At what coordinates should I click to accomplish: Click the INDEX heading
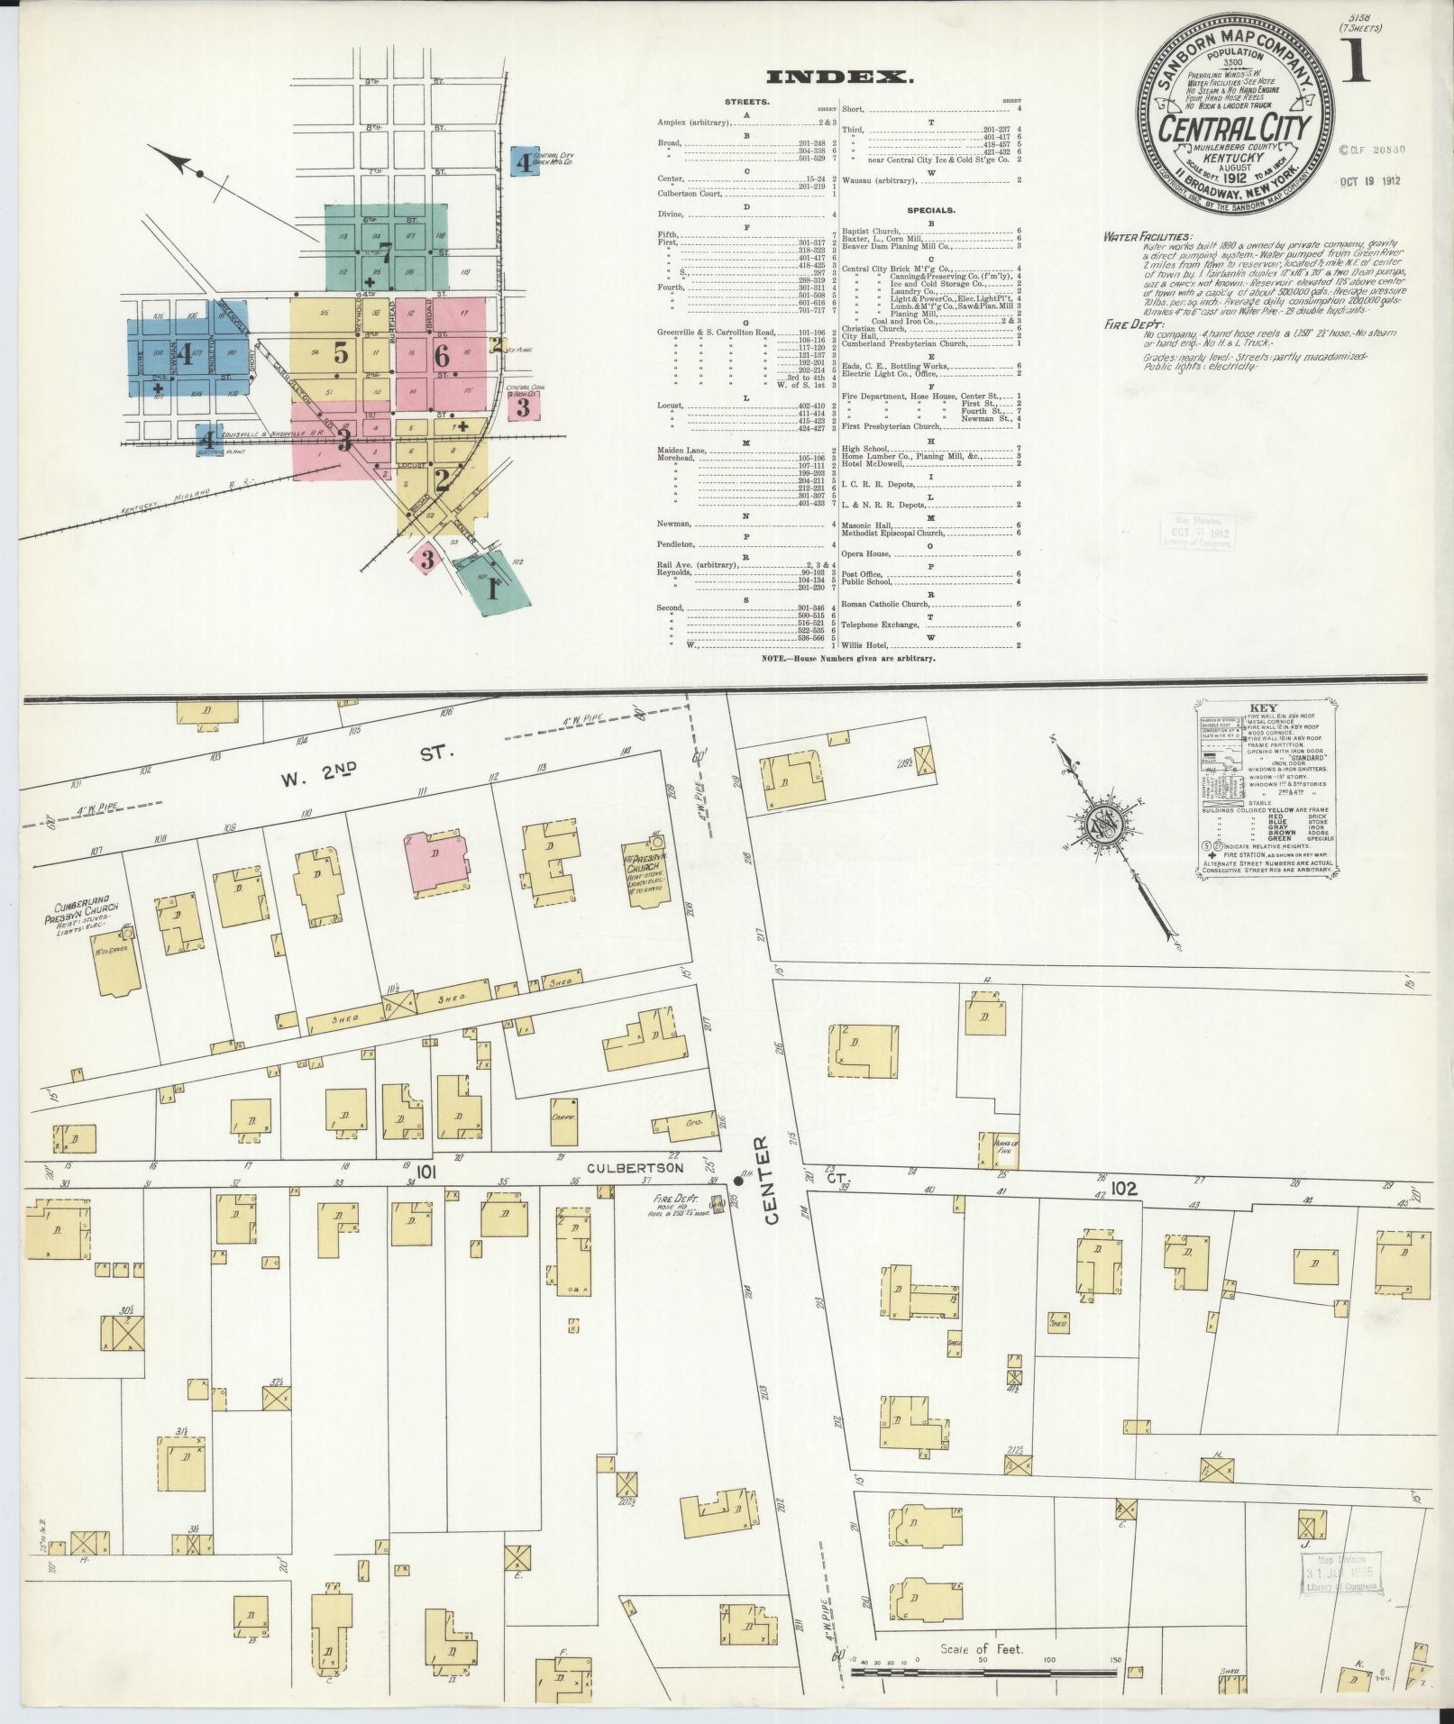[x=839, y=78]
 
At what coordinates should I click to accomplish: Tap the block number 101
[x=426, y=1172]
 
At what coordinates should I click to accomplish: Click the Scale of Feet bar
[x=986, y=1672]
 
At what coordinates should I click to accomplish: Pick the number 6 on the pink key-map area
[x=442, y=355]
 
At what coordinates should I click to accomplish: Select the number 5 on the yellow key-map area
[x=341, y=353]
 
